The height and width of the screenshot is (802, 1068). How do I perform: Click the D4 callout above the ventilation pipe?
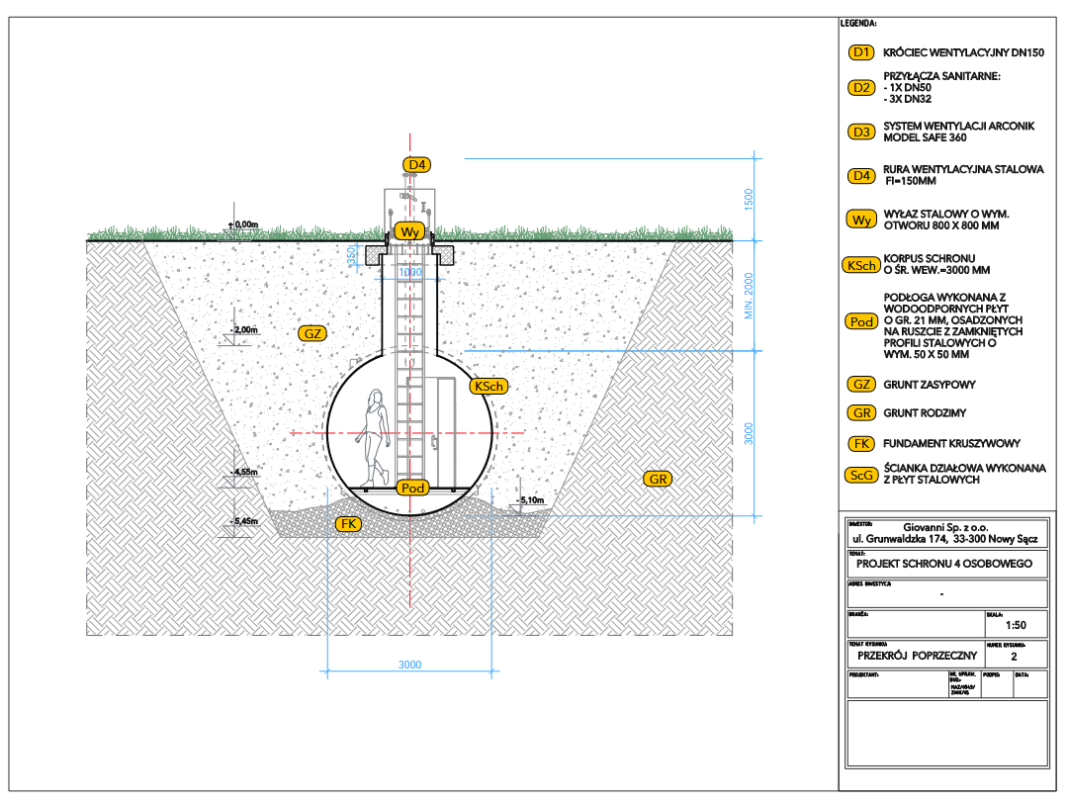[417, 164]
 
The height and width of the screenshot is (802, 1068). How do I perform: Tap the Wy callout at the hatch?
[409, 231]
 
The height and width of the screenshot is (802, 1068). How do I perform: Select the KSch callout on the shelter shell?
[489, 386]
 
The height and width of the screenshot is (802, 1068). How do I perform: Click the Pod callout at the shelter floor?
[411, 489]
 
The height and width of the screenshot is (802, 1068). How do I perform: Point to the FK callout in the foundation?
[347, 523]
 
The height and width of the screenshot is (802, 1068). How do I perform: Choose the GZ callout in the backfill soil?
[313, 334]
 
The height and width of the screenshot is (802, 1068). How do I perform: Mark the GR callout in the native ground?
[659, 480]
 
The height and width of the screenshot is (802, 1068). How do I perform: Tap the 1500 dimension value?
[749, 198]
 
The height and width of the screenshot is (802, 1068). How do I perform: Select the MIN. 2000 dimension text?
[749, 297]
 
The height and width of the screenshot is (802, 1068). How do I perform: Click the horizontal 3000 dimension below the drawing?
[410, 664]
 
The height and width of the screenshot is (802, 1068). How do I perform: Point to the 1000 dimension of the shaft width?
[409, 272]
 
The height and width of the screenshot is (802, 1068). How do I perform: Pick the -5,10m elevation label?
[532, 500]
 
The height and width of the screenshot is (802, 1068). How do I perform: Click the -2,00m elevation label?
[243, 329]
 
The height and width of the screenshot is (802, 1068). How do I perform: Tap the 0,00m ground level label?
[243, 224]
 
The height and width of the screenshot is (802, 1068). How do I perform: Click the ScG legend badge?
[861, 476]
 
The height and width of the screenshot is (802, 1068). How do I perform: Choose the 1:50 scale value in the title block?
[1015, 625]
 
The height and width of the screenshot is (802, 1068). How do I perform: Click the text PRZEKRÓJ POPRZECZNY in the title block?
[917, 655]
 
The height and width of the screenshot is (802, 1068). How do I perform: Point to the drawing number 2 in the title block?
[1014, 655]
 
